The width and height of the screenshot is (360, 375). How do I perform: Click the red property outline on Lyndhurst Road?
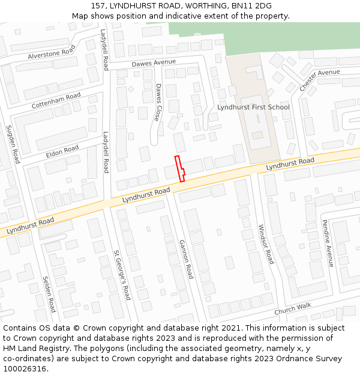pos(179,168)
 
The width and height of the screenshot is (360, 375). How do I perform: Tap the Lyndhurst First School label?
pos(253,107)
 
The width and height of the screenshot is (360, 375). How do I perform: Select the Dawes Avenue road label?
pos(154,62)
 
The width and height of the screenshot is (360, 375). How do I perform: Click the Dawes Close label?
pos(158,102)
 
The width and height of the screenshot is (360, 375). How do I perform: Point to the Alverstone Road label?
pos(52,52)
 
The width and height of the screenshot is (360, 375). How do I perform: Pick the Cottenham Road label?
pos(56,101)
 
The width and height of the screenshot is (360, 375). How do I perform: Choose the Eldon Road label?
pos(62,152)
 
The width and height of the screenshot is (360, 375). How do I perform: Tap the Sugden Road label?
pos(13,144)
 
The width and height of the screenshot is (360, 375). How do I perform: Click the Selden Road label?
pos(49,294)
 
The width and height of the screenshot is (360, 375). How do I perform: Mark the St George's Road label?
pos(122,275)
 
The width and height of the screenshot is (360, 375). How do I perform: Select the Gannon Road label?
pos(186,259)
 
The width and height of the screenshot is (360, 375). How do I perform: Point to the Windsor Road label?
pos(265,244)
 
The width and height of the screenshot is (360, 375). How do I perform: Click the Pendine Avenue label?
pos(327,243)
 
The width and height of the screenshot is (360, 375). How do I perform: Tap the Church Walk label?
pos(293,309)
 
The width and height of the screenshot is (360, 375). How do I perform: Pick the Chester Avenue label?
pos(319,80)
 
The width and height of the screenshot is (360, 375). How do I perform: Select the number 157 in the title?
pos(98,6)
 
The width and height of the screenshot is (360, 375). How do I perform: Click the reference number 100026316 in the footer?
pos(25,368)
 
